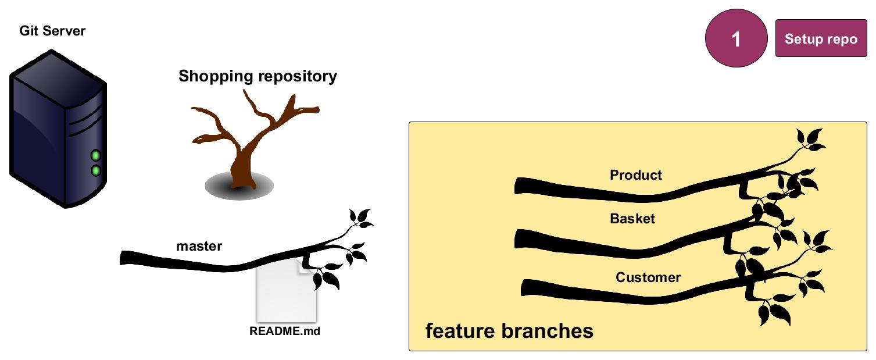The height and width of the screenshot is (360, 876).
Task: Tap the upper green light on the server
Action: click(96, 156)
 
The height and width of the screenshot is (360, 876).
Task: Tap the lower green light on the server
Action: click(96, 171)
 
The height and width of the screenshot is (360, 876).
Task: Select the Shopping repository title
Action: click(258, 76)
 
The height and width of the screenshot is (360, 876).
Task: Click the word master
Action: click(199, 246)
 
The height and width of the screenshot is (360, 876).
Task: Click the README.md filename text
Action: click(285, 332)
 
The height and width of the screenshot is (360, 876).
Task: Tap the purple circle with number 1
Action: click(736, 39)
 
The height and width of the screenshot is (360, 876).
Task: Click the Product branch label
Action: click(636, 175)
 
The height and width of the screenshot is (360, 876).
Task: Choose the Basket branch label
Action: click(632, 219)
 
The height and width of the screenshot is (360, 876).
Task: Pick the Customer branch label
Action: click(648, 277)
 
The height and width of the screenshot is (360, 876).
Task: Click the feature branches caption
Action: click(509, 331)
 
